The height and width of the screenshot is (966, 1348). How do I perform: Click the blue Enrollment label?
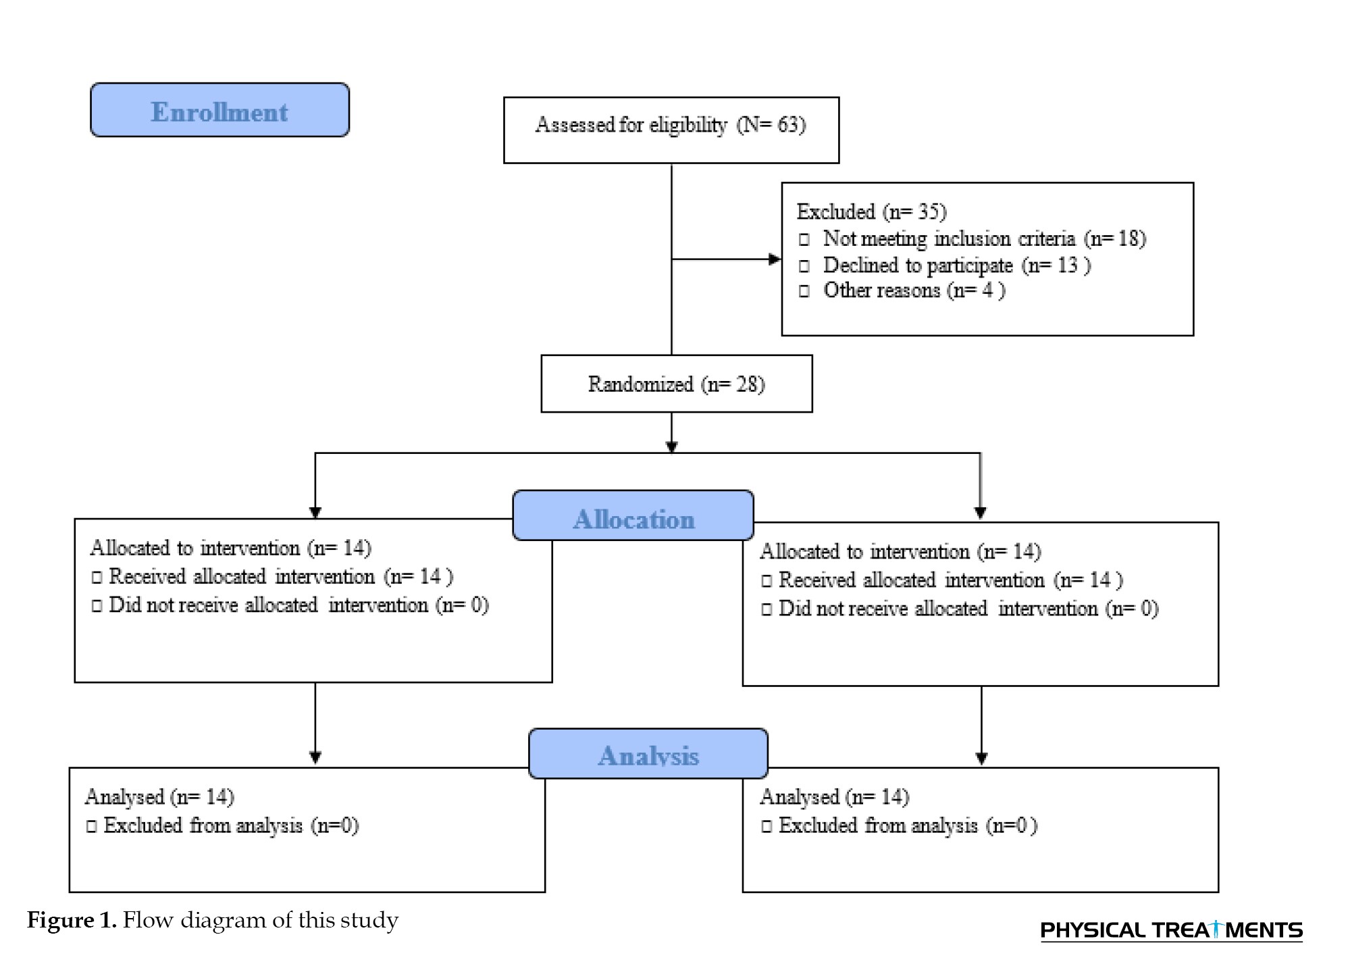(219, 110)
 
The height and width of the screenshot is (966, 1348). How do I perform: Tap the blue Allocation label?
(633, 515)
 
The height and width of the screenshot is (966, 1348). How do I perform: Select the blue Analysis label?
(648, 753)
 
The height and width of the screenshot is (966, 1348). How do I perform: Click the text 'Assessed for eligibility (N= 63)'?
(671, 125)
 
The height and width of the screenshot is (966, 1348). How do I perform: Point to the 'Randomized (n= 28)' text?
(676, 384)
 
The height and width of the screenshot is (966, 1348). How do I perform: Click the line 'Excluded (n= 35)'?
(872, 212)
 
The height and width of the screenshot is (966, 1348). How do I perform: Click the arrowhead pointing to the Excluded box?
(775, 259)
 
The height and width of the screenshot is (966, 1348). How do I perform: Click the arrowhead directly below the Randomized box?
(671, 447)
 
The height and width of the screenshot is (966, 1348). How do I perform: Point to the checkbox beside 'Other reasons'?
(804, 292)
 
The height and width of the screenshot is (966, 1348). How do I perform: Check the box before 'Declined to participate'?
(804, 266)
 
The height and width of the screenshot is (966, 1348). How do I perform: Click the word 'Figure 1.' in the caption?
(72, 921)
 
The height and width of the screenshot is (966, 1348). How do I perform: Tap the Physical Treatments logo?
(1172, 930)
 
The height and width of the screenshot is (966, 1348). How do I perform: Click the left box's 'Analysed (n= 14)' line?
(159, 797)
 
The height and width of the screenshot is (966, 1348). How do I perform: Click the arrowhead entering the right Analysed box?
(982, 759)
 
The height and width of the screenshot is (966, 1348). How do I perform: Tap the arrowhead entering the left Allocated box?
(315, 513)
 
